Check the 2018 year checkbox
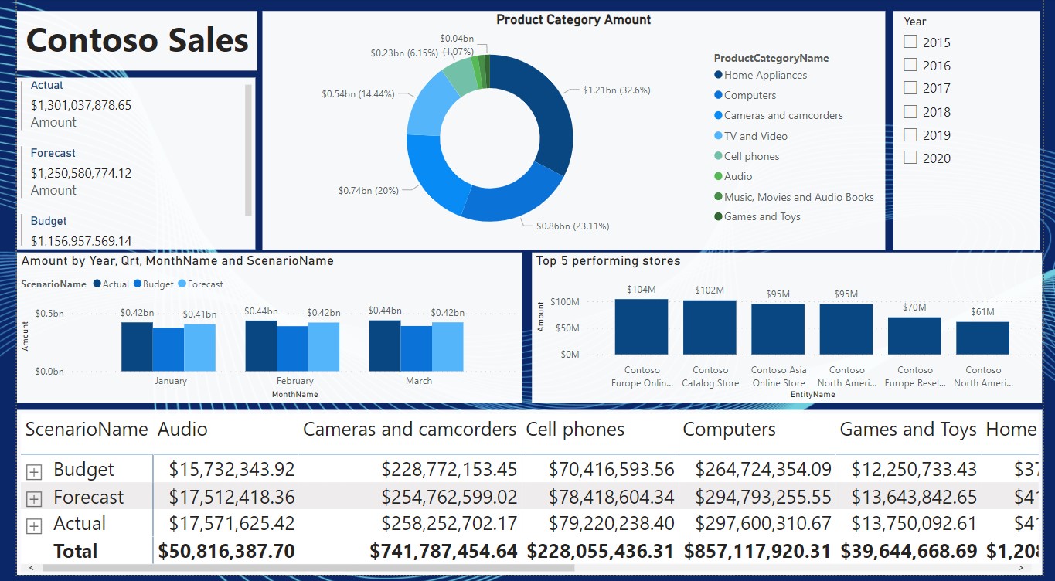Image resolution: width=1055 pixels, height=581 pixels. (x=910, y=111)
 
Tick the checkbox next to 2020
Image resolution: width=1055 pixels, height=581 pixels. (x=910, y=158)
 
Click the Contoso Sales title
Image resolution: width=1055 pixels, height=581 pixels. (x=138, y=40)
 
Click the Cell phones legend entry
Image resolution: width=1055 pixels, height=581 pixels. (x=751, y=156)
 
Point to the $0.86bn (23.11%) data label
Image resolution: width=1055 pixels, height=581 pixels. (x=573, y=226)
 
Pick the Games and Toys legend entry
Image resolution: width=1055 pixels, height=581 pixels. (x=761, y=216)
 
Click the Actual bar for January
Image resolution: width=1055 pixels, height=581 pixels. (x=137, y=346)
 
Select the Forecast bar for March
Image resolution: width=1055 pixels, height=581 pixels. (x=448, y=346)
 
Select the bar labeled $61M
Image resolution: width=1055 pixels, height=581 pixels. (x=982, y=338)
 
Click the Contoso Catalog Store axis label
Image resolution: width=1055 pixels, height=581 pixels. (x=710, y=376)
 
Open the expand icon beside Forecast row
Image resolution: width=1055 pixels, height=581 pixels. (x=33, y=498)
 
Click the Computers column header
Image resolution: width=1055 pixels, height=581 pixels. (x=729, y=430)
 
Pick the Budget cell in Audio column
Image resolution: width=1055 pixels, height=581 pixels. (x=232, y=469)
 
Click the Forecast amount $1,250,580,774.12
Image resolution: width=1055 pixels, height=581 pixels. (x=81, y=173)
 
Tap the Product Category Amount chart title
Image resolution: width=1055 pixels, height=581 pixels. (x=573, y=20)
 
